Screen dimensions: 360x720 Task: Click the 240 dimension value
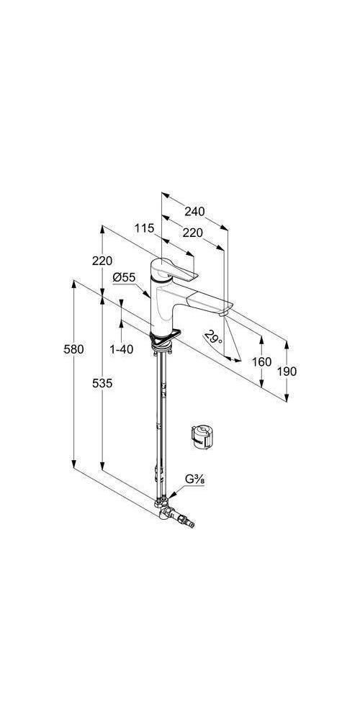pyautogui.click(x=194, y=211)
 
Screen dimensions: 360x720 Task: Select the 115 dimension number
pyautogui.click(x=144, y=228)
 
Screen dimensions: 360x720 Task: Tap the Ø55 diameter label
pyautogui.click(x=124, y=277)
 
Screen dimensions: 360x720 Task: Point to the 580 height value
pyautogui.click(x=74, y=349)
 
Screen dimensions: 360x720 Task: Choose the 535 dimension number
pyautogui.click(x=102, y=384)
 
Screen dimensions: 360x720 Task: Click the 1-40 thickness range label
pyautogui.click(x=121, y=349)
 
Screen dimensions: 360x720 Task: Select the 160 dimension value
pyautogui.click(x=262, y=362)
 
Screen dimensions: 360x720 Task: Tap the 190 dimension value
pyautogui.click(x=287, y=372)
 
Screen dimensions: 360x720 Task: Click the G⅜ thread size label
pyautogui.click(x=194, y=480)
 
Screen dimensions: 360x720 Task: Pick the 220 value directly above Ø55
pyautogui.click(x=102, y=261)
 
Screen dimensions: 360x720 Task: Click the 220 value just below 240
pyautogui.click(x=192, y=233)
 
